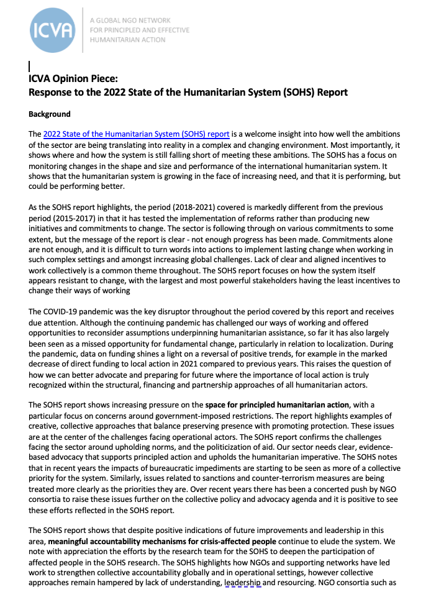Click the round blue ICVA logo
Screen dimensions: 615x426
(53, 30)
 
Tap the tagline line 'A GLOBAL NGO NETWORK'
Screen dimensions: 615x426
(130, 20)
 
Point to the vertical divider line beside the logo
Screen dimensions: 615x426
(83, 30)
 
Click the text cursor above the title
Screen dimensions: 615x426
(30, 65)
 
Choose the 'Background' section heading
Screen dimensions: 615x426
(50, 114)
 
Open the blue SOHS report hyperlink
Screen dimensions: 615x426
(137, 134)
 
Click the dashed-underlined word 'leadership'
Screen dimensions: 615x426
(243, 583)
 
